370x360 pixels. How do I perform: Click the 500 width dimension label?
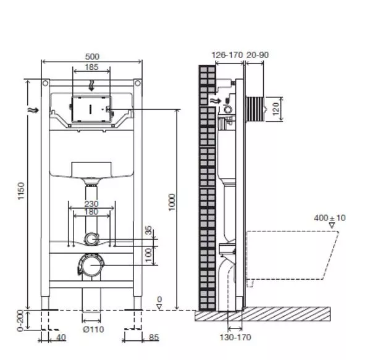click(92, 57)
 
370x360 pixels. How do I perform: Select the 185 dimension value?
click(91, 67)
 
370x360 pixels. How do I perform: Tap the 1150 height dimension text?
click(21, 191)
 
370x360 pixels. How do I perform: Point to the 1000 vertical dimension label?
click(172, 202)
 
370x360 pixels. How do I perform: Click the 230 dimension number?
click(91, 204)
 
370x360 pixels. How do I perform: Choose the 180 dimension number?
click(91, 212)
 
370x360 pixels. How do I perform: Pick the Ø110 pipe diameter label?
click(93, 329)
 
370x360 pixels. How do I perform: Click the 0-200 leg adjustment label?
click(20, 320)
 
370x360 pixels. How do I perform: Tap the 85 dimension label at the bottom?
click(154, 337)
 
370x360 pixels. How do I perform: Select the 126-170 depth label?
click(227, 55)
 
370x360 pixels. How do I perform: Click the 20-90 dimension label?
click(258, 55)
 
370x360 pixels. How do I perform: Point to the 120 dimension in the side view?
click(276, 109)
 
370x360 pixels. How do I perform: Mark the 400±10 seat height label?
click(330, 218)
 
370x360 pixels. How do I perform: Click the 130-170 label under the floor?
click(235, 337)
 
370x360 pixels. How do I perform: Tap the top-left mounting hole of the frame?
click(45, 83)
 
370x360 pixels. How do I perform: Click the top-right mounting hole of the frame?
click(138, 83)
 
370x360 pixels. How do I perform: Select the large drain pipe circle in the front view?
click(91, 265)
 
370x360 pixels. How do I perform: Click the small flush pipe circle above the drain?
click(91, 239)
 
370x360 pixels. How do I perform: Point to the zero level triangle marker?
click(159, 307)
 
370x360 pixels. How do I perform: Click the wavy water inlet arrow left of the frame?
click(33, 110)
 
